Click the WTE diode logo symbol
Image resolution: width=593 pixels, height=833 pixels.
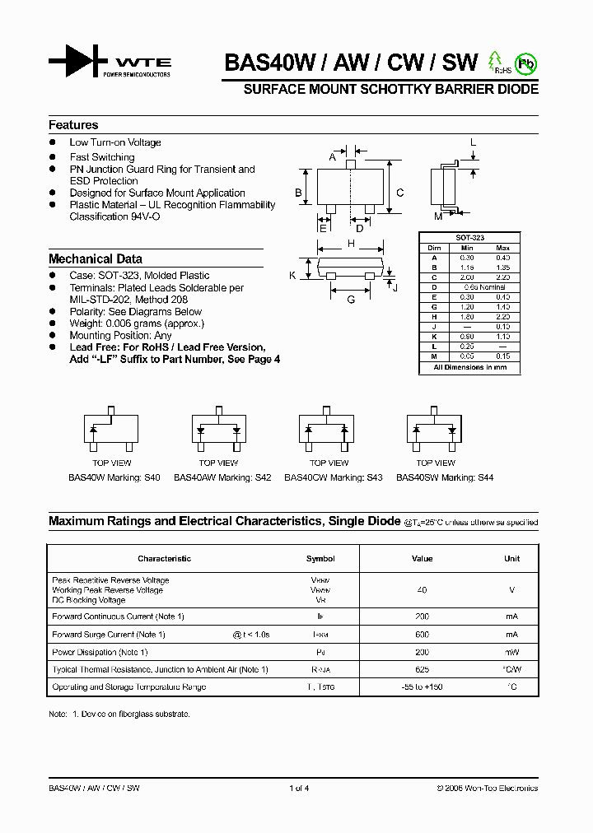(78, 61)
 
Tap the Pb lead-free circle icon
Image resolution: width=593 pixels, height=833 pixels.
(525, 63)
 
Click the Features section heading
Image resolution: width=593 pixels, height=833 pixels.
(73, 125)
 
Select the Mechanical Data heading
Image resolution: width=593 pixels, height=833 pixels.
(96, 258)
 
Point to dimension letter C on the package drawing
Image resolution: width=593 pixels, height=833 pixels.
(400, 193)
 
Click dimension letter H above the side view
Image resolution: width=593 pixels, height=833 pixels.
(351, 244)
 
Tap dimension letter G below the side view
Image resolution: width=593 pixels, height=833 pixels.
(351, 300)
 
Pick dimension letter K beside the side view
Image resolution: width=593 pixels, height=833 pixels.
(292, 275)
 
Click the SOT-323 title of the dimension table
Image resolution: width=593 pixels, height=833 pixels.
(470, 238)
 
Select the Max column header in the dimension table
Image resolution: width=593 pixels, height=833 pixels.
(503, 248)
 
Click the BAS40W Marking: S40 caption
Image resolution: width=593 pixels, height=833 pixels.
(114, 477)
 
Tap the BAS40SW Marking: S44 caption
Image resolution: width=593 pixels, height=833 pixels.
(445, 477)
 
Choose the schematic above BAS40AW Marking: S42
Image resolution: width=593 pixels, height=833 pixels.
(219, 430)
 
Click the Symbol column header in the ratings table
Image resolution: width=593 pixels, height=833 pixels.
(320, 559)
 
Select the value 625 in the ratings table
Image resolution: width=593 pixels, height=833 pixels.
(422, 670)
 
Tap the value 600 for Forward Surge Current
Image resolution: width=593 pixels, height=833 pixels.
(422, 635)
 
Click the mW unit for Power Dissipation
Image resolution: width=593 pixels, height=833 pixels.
(511, 652)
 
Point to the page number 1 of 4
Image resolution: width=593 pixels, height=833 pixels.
(299, 789)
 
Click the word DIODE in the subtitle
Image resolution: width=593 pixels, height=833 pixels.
(517, 89)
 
